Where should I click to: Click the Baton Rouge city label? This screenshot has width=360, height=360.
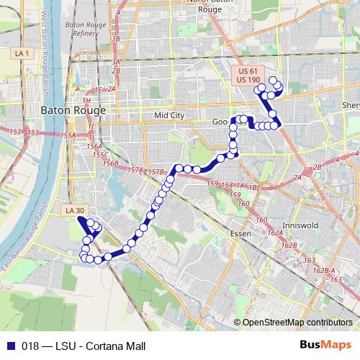[73, 111]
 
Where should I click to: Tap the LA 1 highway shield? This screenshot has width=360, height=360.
[22, 53]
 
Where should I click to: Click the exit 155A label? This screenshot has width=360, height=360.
[68, 135]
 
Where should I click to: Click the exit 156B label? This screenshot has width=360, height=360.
[110, 163]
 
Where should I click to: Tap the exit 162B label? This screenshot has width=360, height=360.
[289, 246]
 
